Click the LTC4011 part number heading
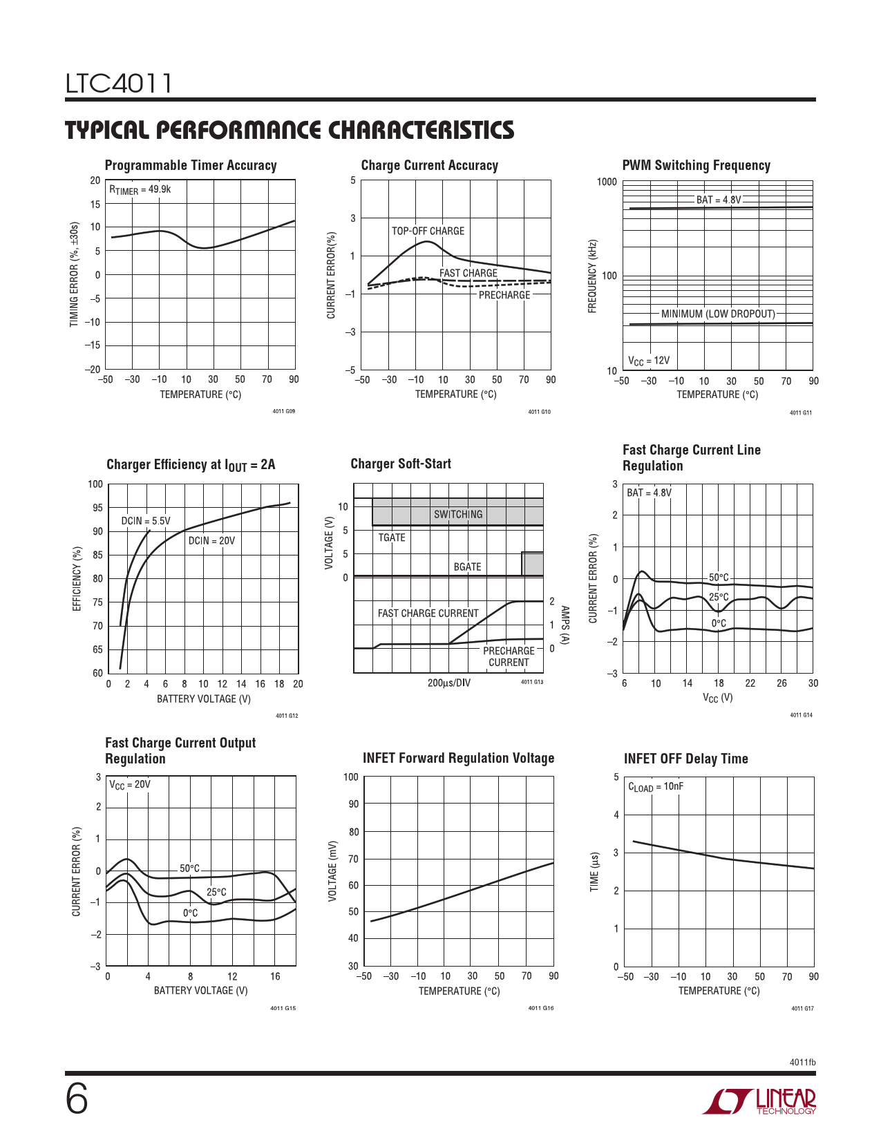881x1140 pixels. [x=118, y=84]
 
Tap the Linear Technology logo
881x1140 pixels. [x=759, y=1101]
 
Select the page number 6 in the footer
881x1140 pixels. [x=77, y=1099]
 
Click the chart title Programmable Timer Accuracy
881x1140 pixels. [x=191, y=165]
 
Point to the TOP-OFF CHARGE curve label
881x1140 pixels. [x=428, y=231]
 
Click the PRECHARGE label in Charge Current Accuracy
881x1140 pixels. [x=504, y=295]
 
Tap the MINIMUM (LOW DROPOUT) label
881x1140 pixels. [x=718, y=314]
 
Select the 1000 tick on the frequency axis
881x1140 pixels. [x=607, y=182]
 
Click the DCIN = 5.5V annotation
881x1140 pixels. [x=146, y=521]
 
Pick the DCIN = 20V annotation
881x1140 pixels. [x=211, y=540]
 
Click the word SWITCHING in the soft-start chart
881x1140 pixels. [x=458, y=514]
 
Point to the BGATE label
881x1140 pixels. [x=467, y=567]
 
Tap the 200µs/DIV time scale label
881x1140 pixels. [x=449, y=683]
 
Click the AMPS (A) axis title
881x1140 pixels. [x=565, y=625]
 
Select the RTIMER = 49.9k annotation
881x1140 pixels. [x=140, y=189]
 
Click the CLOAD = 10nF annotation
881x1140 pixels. [x=656, y=787]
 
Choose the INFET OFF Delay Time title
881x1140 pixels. [x=685, y=759]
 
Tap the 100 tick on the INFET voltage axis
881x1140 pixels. [x=351, y=777]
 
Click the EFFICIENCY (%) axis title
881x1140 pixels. [x=77, y=579]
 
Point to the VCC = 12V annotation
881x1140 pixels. [x=649, y=361]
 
